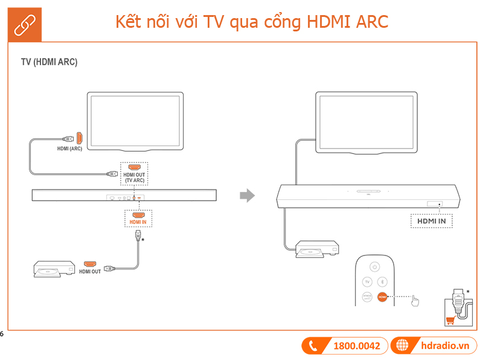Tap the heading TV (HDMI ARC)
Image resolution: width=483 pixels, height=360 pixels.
[49, 62]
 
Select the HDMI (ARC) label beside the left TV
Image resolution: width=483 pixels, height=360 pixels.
[69, 149]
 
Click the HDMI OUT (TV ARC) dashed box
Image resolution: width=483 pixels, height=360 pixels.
[133, 173]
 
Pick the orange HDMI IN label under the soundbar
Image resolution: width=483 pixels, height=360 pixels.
[138, 222]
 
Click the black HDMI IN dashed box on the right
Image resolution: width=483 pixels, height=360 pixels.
[431, 221]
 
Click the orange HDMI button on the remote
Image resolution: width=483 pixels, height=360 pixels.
[382, 297]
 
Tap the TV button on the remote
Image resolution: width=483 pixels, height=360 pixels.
[366, 281]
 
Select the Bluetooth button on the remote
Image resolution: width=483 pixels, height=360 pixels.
[382, 281]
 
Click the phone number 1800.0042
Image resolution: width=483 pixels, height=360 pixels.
[356, 346]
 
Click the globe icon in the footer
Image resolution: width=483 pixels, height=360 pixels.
[401, 346]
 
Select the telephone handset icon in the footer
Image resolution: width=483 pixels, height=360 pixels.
[313, 346]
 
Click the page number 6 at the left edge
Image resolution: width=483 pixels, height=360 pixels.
[2, 333]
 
